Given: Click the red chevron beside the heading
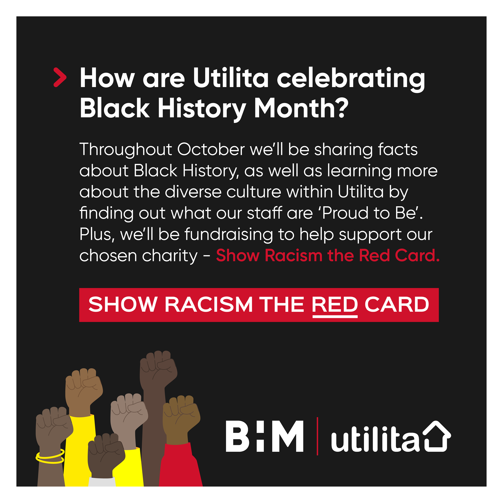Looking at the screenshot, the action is point(60,77).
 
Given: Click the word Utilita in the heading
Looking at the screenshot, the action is point(231,78).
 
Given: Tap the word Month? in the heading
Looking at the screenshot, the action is point(301,108).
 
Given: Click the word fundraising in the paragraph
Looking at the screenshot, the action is point(229,235).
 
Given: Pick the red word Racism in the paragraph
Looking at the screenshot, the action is point(294,255).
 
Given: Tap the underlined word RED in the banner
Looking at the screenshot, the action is point(335,304).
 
